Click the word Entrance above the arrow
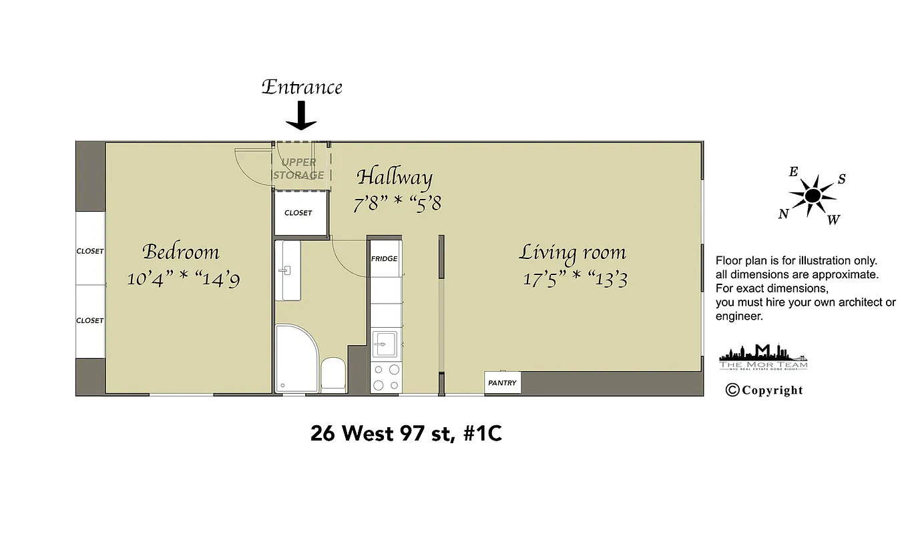click(302, 87)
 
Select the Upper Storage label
click(298, 169)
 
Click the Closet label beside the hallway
click(298, 213)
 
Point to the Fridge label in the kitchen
click(385, 259)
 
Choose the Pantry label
click(502, 383)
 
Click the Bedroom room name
click(181, 252)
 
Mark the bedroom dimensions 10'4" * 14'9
click(183, 278)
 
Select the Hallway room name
click(395, 178)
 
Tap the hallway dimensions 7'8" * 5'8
click(397, 202)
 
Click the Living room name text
click(572, 253)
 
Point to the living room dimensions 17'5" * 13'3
click(575, 278)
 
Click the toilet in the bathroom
click(332, 374)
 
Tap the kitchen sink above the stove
click(385, 343)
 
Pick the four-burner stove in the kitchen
click(385, 377)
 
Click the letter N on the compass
click(783, 214)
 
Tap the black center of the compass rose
click(813, 196)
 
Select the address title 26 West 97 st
click(406, 434)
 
